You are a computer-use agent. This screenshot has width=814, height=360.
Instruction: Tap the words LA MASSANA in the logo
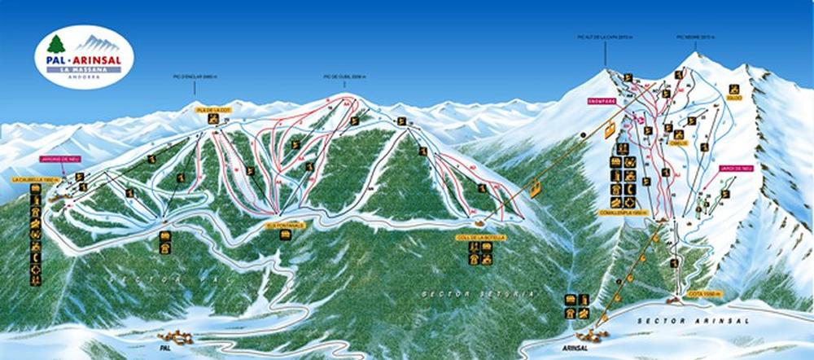[x=84, y=69]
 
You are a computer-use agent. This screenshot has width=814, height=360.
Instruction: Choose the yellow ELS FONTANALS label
[x=284, y=226]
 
